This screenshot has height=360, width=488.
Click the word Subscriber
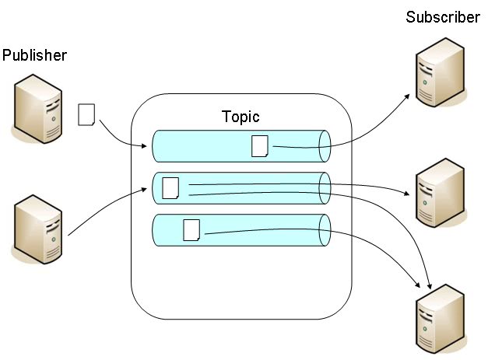(443, 17)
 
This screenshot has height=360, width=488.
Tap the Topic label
(240, 117)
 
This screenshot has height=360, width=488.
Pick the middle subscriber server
(441, 190)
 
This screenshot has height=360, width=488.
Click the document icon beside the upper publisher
(86, 115)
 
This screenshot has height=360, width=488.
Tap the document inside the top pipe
(260, 145)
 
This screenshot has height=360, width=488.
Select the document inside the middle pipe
(170, 187)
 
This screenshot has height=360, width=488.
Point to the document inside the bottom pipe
(191, 230)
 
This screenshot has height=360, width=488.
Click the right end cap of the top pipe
(325, 145)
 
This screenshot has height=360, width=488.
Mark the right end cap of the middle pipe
(325, 187)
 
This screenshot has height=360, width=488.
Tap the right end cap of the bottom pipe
(325, 230)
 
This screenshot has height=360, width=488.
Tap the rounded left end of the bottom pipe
(156, 230)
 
